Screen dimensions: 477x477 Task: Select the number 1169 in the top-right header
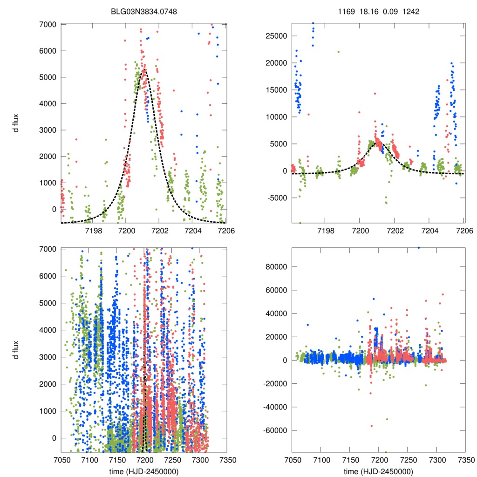coord(346,12)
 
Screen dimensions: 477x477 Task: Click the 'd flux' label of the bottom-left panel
coord(16,350)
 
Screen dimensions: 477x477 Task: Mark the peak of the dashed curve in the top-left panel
coord(143,70)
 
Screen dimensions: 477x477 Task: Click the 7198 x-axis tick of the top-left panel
coord(94,231)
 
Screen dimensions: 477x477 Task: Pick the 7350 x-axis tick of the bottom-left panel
coord(226,459)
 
